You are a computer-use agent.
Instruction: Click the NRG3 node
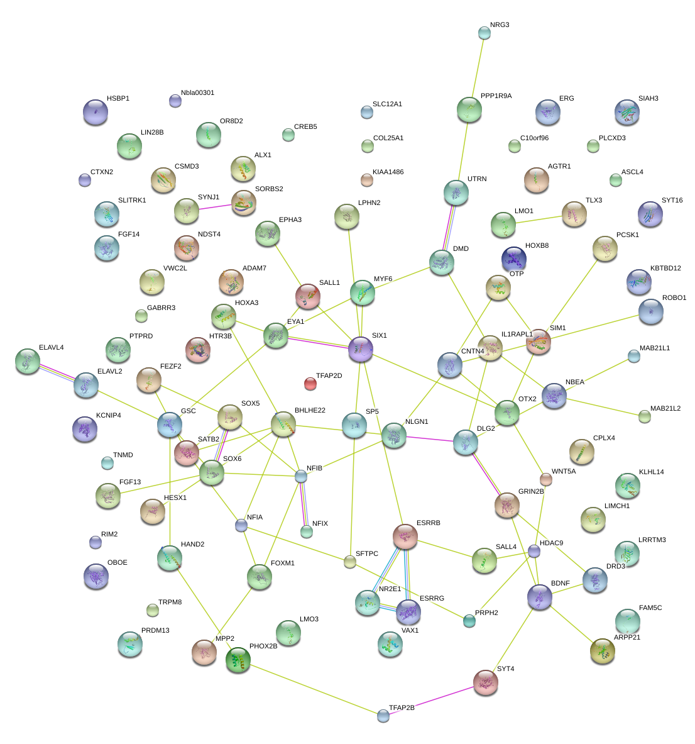(x=484, y=33)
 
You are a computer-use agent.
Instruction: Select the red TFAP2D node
(x=310, y=383)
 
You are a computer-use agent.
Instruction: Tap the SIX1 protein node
(x=361, y=348)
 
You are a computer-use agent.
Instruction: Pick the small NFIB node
(x=302, y=476)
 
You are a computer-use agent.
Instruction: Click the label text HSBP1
(x=118, y=99)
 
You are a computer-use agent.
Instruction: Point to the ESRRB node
(x=405, y=536)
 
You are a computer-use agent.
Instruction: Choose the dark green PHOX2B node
(x=238, y=658)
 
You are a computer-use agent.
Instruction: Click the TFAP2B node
(x=383, y=715)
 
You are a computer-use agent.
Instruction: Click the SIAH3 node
(x=627, y=112)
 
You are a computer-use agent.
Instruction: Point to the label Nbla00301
(x=197, y=93)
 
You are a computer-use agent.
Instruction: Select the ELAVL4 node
(x=28, y=361)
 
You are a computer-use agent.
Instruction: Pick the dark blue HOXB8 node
(x=514, y=258)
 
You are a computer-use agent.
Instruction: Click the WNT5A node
(x=546, y=480)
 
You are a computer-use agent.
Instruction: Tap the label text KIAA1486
(x=388, y=172)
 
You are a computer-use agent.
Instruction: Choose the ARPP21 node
(x=603, y=651)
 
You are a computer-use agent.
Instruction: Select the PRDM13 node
(x=129, y=643)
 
